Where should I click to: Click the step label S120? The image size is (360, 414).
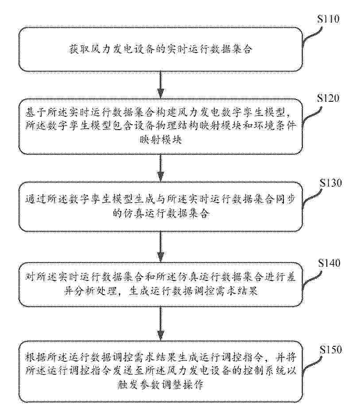click(x=329, y=98)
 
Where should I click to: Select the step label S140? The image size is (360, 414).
click(x=328, y=263)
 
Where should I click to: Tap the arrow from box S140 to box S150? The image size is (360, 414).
click(x=160, y=325)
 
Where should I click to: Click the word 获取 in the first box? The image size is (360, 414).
click(x=77, y=49)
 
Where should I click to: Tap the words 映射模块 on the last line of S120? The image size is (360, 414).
click(x=160, y=141)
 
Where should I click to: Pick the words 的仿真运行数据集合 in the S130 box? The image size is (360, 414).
click(x=160, y=215)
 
